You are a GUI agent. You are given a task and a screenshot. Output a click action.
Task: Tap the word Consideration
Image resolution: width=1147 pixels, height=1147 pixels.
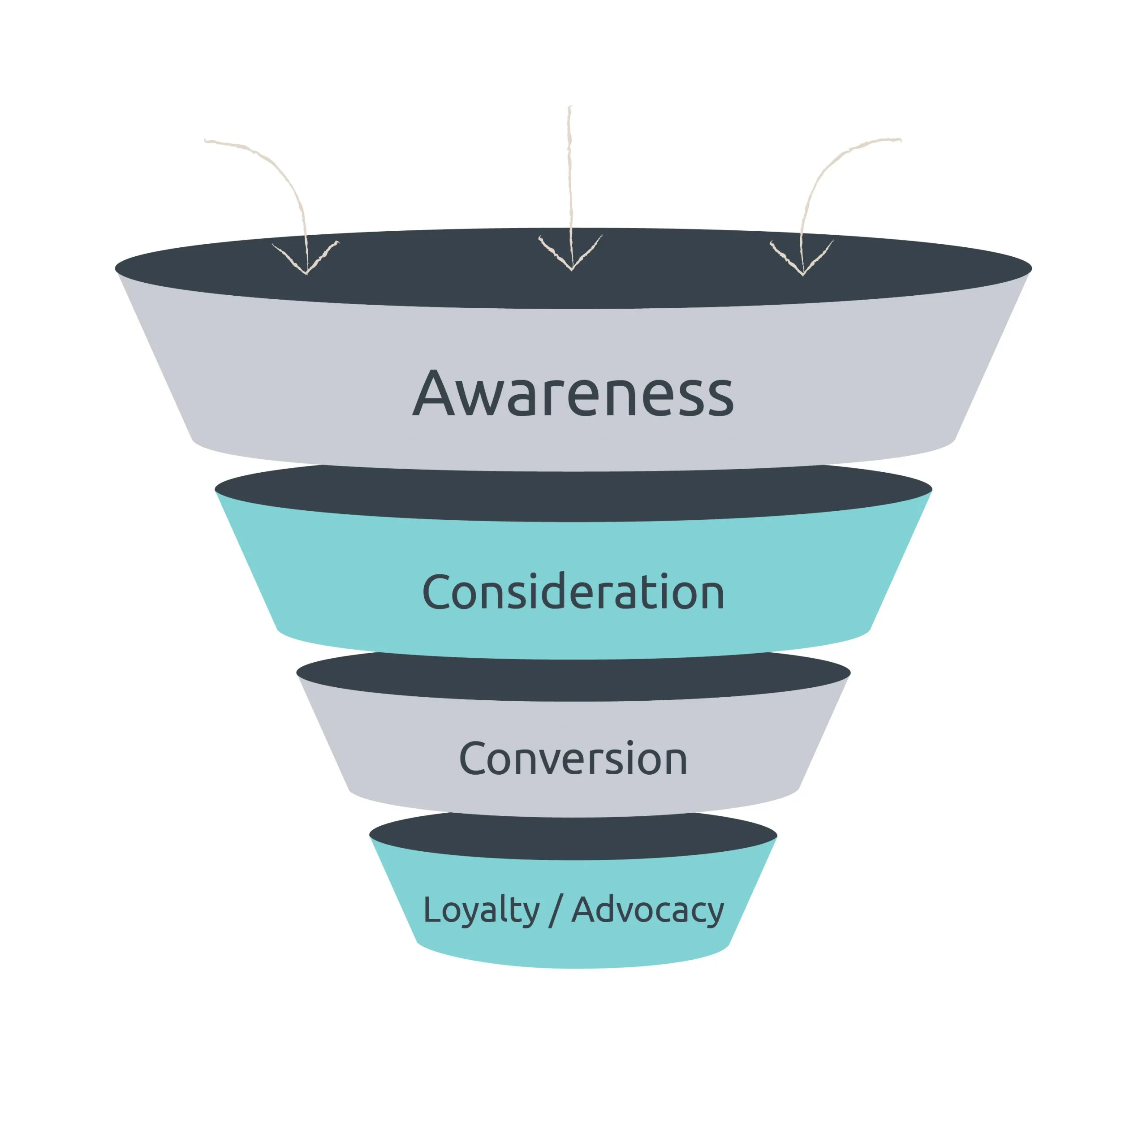[x=573, y=592]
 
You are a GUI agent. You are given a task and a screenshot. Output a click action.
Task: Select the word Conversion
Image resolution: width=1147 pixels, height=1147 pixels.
[x=573, y=759]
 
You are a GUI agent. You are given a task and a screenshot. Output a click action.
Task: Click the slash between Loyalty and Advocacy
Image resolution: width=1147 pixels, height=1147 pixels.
[x=555, y=911]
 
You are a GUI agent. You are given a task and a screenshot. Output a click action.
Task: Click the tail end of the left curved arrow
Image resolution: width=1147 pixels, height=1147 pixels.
[x=207, y=141]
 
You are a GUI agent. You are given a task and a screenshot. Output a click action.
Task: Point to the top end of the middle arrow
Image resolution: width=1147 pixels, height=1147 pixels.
[x=570, y=108]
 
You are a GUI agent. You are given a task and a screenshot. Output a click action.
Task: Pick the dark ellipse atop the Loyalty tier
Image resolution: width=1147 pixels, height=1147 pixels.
[x=573, y=837]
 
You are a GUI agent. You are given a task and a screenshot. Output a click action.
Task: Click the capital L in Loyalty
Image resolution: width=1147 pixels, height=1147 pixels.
[x=431, y=910]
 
